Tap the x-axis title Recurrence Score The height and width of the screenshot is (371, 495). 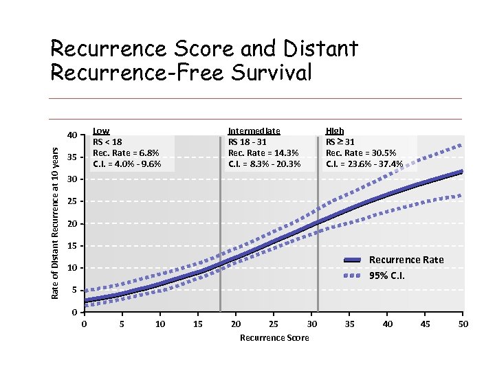[x=274, y=337]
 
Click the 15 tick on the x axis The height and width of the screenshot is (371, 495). [x=198, y=324]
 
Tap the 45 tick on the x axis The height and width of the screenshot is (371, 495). [x=426, y=324]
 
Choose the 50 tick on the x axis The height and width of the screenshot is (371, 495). [x=463, y=324]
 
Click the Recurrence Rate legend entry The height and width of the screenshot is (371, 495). [x=406, y=260]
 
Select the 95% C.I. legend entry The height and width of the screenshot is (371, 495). [x=387, y=276]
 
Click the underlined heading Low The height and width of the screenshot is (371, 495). [x=101, y=131]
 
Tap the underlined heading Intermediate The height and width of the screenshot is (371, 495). [x=254, y=131]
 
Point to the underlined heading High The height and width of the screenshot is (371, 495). [x=335, y=131]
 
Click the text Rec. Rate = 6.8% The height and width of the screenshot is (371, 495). [x=126, y=153]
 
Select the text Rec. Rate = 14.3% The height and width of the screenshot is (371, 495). [x=263, y=153]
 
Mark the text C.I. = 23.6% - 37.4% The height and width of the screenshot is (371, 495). [x=364, y=164]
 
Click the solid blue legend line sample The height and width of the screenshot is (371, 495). [x=352, y=260]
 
